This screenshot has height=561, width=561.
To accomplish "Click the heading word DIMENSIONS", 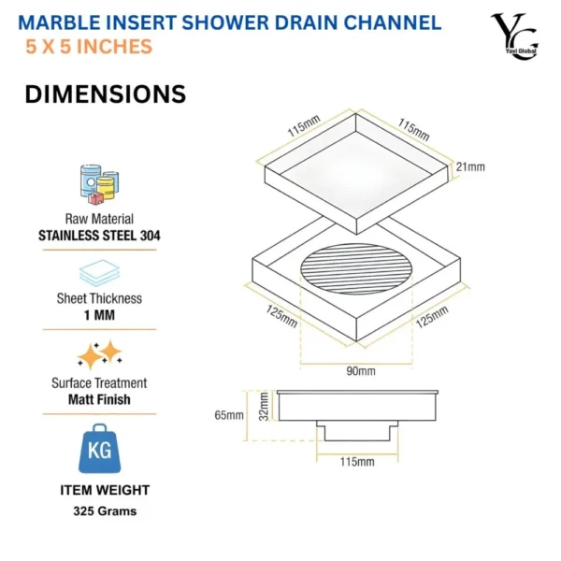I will pos(105,94).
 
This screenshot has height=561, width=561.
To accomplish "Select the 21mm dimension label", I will pos(470,167).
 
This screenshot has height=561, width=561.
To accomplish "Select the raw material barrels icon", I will pos(98,183).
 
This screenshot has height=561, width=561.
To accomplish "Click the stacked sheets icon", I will pos(98,271).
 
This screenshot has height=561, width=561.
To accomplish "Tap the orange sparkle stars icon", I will pos(99,354).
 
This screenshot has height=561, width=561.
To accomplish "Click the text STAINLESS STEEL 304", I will pos(99,236).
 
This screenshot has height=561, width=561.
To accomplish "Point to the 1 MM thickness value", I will pos(99,316).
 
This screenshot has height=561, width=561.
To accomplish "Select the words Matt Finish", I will pos(99,399).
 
